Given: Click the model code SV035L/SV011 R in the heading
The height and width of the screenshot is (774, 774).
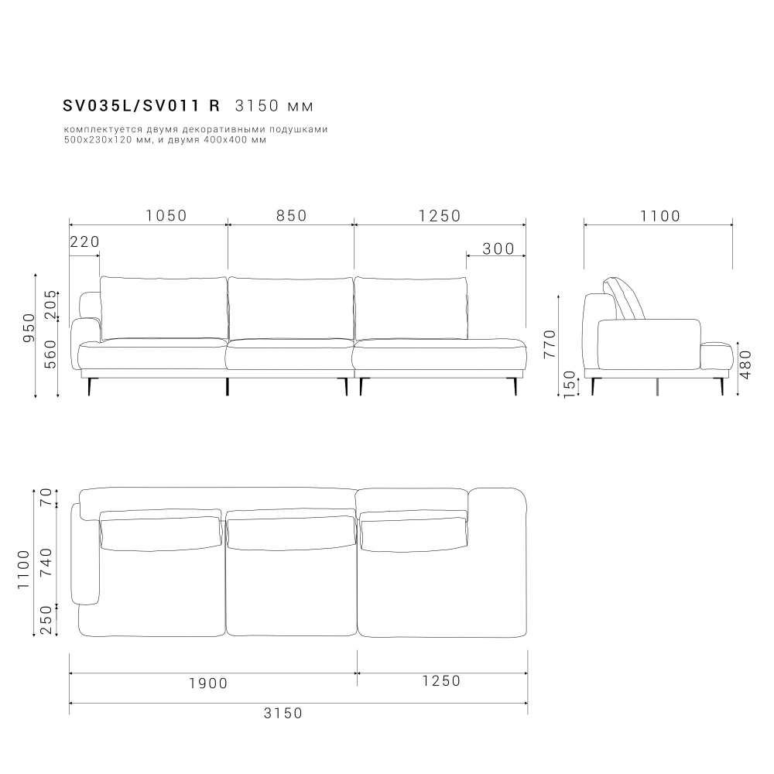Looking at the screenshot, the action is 141,105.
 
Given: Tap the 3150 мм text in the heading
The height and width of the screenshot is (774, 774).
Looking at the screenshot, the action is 275,105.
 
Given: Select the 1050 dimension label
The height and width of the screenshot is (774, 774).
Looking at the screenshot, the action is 166,216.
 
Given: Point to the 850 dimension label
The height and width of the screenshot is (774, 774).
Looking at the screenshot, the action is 292,216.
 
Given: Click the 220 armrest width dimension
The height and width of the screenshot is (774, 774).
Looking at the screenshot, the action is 85,241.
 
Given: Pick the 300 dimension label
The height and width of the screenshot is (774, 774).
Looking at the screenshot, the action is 498,248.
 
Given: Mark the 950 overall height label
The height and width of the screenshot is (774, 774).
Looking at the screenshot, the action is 29,327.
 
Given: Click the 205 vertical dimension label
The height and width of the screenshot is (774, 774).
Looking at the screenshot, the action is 51,304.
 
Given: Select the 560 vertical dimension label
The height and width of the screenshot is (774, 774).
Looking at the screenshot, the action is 51,354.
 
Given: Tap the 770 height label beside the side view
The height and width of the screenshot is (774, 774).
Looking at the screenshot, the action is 550,344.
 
